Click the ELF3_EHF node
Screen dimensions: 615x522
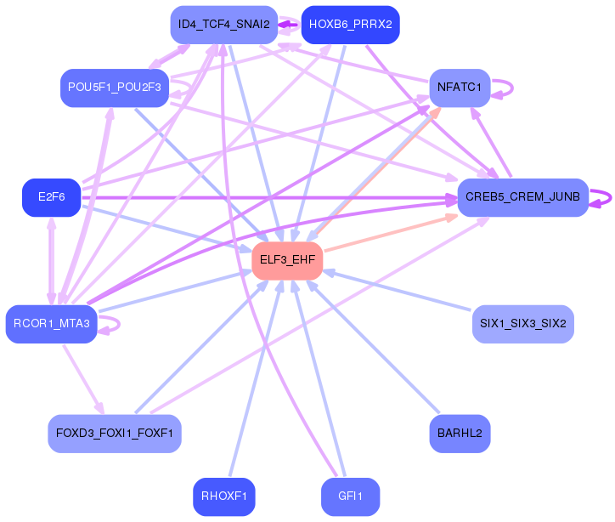(x=287, y=261)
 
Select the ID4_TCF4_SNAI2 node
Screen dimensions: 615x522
(x=224, y=25)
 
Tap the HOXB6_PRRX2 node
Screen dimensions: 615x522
(x=351, y=25)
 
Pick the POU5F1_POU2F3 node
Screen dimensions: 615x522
(x=115, y=88)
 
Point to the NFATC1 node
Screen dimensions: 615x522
(x=460, y=88)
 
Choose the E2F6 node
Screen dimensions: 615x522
(x=51, y=197)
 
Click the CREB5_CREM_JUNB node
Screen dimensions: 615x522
(x=522, y=197)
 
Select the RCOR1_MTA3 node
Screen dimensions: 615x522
(x=51, y=324)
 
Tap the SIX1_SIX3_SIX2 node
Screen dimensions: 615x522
(x=522, y=324)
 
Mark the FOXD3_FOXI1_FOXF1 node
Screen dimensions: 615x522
(x=115, y=434)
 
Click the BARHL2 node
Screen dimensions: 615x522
(x=460, y=434)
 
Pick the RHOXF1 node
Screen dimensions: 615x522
(x=224, y=496)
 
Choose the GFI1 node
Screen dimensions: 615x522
(x=351, y=496)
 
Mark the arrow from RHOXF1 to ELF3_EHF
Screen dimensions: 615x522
(x=256, y=378)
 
